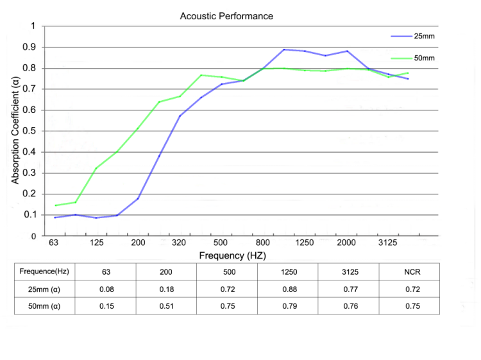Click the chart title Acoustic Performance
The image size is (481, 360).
[226, 16]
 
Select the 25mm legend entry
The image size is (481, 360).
[424, 36]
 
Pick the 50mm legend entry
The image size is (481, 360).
[424, 58]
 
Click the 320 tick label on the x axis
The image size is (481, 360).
[180, 243]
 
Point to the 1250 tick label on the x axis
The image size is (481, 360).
[305, 243]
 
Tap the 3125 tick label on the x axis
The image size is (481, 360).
[387, 243]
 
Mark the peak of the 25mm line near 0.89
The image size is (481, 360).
[283, 49]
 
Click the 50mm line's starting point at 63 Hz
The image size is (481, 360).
[56, 205]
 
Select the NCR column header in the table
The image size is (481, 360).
[411, 272]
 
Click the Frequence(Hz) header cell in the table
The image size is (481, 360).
[45, 272]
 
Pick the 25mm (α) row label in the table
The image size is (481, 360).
[45, 289]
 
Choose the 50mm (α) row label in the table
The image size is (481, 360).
[45, 306]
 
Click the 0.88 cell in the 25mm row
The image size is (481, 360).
[290, 289]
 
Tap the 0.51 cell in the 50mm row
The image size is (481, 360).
[166, 306]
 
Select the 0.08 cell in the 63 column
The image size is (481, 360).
[106, 289]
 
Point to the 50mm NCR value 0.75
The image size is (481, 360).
[411, 306]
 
